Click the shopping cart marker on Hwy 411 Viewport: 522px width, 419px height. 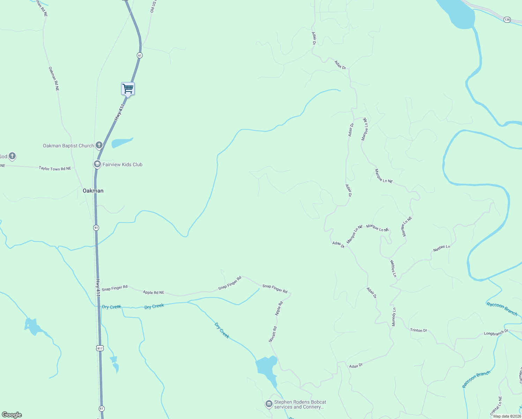tap(128, 89)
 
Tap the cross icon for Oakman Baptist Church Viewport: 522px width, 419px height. tap(99, 145)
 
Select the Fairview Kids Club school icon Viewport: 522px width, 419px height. tap(97, 164)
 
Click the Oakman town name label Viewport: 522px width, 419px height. tap(93, 191)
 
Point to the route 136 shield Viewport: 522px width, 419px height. tap(507, 20)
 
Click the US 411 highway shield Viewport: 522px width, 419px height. tap(100, 348)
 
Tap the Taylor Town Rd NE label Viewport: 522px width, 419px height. tap(55, 168)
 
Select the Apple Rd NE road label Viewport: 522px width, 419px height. tap(154, 292)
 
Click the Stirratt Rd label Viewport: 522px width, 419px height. tap(273, 334)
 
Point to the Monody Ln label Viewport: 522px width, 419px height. tap(394, 317)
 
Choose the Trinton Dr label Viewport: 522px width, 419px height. tap(418, 330)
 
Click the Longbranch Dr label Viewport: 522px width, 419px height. tap(496, 333)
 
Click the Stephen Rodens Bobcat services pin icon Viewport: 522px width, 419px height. tap(269, 404)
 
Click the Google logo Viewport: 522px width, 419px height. tap(12, 415)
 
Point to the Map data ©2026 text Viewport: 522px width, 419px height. tap(507, 416)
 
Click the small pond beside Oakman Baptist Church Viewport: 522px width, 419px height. tap(121, 142)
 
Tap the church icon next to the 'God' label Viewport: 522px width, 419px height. tap(12, 156)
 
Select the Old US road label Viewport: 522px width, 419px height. tap(153, 6)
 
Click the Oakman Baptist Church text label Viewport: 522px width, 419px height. tap(68, 146)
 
